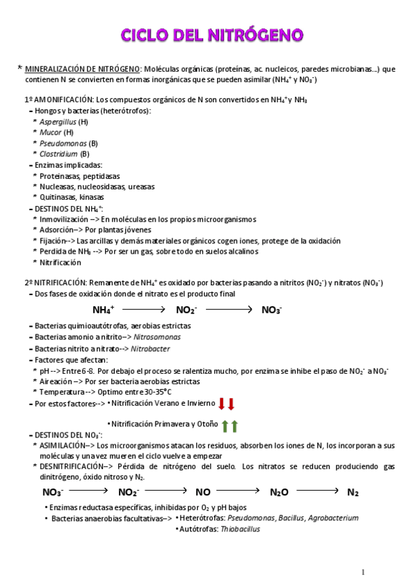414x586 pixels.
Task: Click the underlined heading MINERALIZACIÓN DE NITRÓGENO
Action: (x=82, y=69)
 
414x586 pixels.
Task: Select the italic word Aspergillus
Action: (x=58, y=121)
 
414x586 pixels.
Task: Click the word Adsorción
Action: (x=57, y=230)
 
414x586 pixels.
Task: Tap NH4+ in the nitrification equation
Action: (x=103, y=310)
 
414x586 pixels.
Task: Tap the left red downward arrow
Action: (x=222, y=404)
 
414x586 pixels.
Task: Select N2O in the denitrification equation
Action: (x=279, y=493)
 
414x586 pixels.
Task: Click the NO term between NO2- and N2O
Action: (x=203, y=493)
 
